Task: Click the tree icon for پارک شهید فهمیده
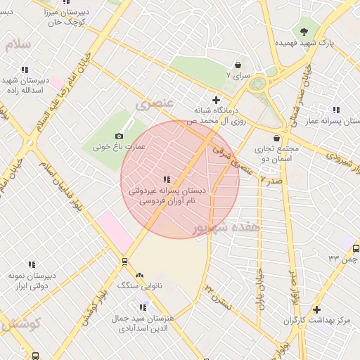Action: point(304,31)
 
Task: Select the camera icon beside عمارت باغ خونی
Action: point(119,136)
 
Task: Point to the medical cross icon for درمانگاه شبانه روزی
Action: point(216,100)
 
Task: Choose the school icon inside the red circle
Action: point(167,180)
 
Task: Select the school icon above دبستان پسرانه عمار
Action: point(336,110)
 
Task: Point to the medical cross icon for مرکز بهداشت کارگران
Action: point(316,309)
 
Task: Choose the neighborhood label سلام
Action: point(18,44)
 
